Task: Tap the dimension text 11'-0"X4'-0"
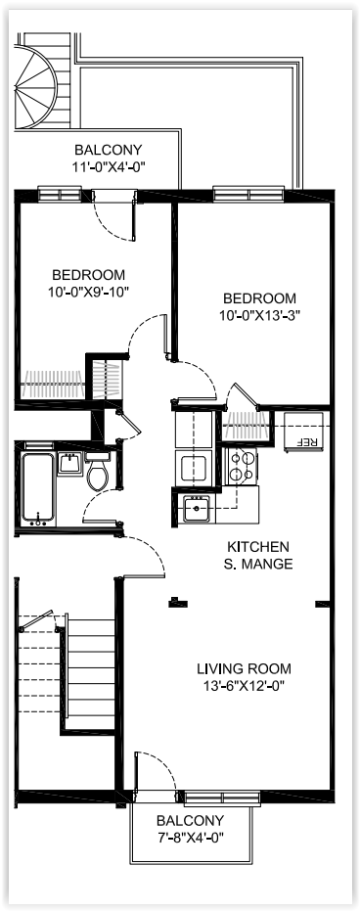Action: [x=109, y=166]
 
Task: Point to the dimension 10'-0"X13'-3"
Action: [x=259, y=315]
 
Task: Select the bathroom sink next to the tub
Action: [x=69, y=463]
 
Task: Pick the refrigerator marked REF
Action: [x=306, y=431]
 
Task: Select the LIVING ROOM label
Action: [x=244, y=668]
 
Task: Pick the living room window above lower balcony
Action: [x=222, y=798]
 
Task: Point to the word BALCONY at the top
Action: [x=109, y=150]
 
